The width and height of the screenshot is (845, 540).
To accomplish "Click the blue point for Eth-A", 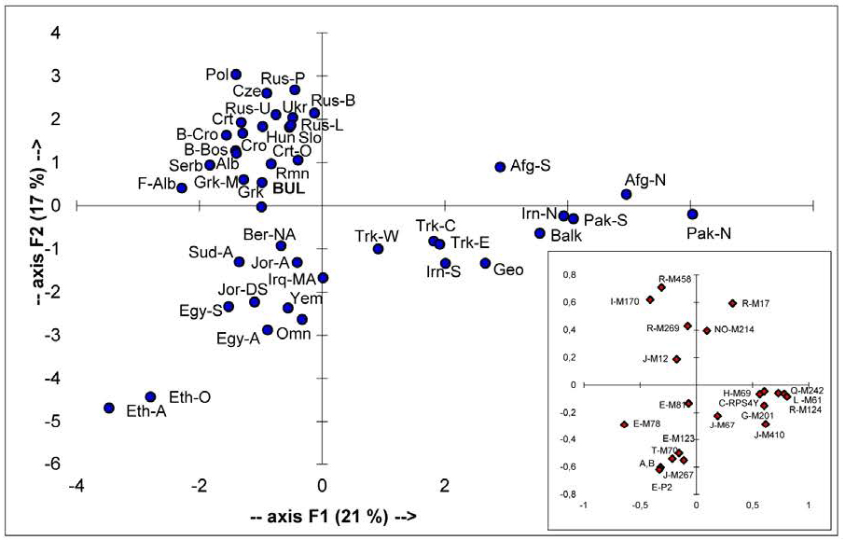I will click(108, 408).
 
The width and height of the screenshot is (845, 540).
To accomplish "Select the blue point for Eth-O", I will click(150, 396).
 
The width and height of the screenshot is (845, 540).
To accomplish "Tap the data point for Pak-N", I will click(692, 214).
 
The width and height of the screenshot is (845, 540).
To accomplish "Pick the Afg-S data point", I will click(500, 167).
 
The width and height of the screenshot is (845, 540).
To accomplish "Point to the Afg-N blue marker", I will click(627, 194).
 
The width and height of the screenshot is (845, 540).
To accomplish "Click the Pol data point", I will click(236, 75).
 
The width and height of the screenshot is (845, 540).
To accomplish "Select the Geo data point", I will click(485, 264).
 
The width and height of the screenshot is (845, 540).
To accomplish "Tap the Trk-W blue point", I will click(378, 249).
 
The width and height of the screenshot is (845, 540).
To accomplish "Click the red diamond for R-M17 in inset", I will click(733, 303).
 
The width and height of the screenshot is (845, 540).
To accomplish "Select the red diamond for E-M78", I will click(623, 424).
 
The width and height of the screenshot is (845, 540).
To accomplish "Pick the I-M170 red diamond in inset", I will click(650, 300).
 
